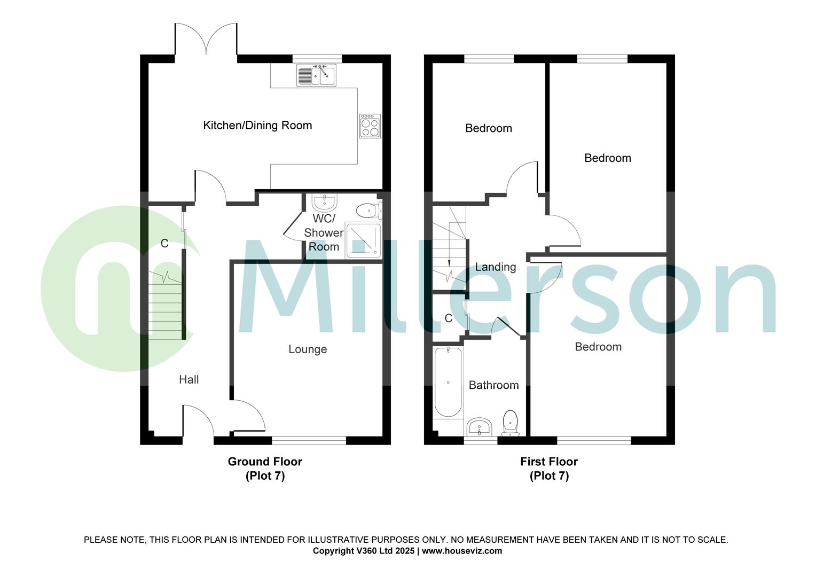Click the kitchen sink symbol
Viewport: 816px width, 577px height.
pyautogui.click(x=316, y=75)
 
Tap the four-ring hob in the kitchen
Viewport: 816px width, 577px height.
pyautogui.click(x=370, y=126)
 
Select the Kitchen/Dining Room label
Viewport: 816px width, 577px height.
pyautogui.click(x=257, y=126)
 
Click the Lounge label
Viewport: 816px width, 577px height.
pyautogui.click(x=308, y=349)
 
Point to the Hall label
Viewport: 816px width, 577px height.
pyautogui.click(x=189, y=380)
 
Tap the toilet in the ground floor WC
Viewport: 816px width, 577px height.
pyautogui.click(x=368, y=210)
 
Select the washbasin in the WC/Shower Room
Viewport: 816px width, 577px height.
pyautogui.click(x=324, y=202)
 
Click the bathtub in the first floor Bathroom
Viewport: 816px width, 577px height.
pyautogui.click(x=448, y=382)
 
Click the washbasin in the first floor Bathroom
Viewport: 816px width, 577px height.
pyautogui.click(x=480, y=427)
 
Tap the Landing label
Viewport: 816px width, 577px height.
pyautogui.click(x=496, y=267)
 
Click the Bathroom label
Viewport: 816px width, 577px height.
pyautogui.click(x=493, y=385)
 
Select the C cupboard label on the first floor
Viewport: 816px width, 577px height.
pyautogui.click(x=449, y=319)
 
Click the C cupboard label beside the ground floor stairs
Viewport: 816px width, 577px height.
pyautogui.click(x=164, y=244)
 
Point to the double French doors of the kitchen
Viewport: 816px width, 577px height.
pyautogui.click(x=206, y=40)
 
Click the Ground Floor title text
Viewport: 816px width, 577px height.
pyautogui.click(x=265, y=462)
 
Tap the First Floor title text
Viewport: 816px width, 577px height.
pyautogui.click(x=549, y=462)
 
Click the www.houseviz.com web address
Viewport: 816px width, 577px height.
pyautogui.click(x=462, y=551)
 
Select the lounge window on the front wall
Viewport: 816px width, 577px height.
pyautogui.click(x=309, y=441)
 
